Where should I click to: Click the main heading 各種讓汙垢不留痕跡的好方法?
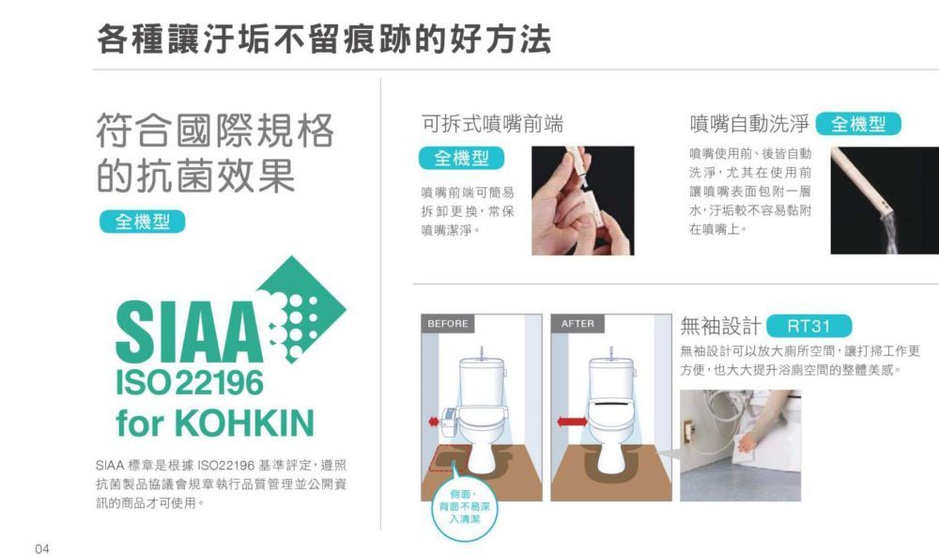tap(323, 39)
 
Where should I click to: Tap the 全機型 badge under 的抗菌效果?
tap(143, 222)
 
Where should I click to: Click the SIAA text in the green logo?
tap(189, 331)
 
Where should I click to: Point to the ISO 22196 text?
tap(190, 383)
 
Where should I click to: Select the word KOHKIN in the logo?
tap(244, 423)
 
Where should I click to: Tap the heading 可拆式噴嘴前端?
tap(492, 124)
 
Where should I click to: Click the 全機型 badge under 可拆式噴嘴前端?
tap(461, 158)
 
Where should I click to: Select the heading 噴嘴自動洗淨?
tap(749, 124)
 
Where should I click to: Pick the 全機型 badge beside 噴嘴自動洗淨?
tap(858, 124)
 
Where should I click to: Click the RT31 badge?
tap(808, 327)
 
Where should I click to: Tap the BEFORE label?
tap(448, 323)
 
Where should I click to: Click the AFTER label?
tap(577, 323)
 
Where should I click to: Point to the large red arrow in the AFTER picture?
tap(572, 422)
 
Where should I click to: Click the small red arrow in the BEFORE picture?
tap(434, 422)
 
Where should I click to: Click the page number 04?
tap(42, 548)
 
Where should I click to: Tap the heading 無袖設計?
tap(720, 327)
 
